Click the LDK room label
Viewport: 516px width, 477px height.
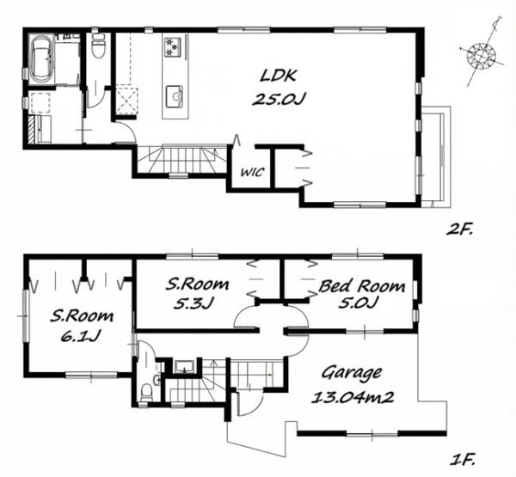(x=278, y=76)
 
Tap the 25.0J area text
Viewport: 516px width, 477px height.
(x=279, y=99)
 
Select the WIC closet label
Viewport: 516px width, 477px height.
(x=252, y=172)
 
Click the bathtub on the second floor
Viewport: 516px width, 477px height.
(x=42, y=58)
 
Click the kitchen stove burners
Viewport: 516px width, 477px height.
(x=173, y=46)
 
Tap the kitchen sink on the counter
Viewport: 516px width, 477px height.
(x=175, y=96)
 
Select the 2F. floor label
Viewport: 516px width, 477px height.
(x=458, y=229)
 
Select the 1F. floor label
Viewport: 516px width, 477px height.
(x=463, y=459)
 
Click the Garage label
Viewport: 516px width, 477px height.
(x=352, y=373)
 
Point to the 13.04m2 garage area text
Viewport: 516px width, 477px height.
(x=353, y=397)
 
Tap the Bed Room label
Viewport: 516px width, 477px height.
(x=361, y=286)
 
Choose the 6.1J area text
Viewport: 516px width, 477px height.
(x=81, y=336)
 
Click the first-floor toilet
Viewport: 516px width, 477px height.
(x=146, y=393)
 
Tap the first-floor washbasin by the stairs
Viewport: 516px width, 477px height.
(x=183, y=367)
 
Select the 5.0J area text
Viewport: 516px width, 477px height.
(x=358, y=303)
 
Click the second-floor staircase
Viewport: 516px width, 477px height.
(x=182, y=159)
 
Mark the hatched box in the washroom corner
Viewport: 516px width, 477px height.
(x=32, y=129)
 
